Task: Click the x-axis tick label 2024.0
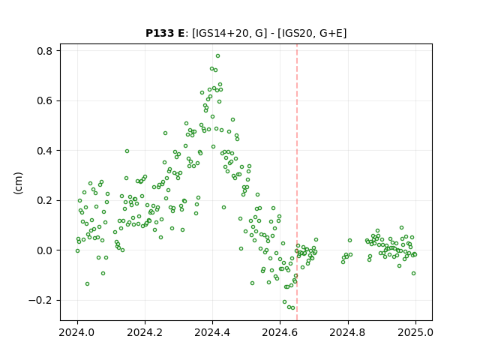point(77,332)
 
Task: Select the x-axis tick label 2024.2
point(145,332)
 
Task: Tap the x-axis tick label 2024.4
point(212,332)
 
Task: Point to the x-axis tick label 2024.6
point(280,332)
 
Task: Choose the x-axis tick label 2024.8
point(348,332)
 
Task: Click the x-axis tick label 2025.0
point(415,332)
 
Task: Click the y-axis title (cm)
point(18,183)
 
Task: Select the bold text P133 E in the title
point(165,33)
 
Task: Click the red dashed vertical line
point(297,182)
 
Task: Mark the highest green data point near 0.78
point(217,56)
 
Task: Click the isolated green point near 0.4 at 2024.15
point(127,151)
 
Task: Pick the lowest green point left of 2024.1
point(87,284)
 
